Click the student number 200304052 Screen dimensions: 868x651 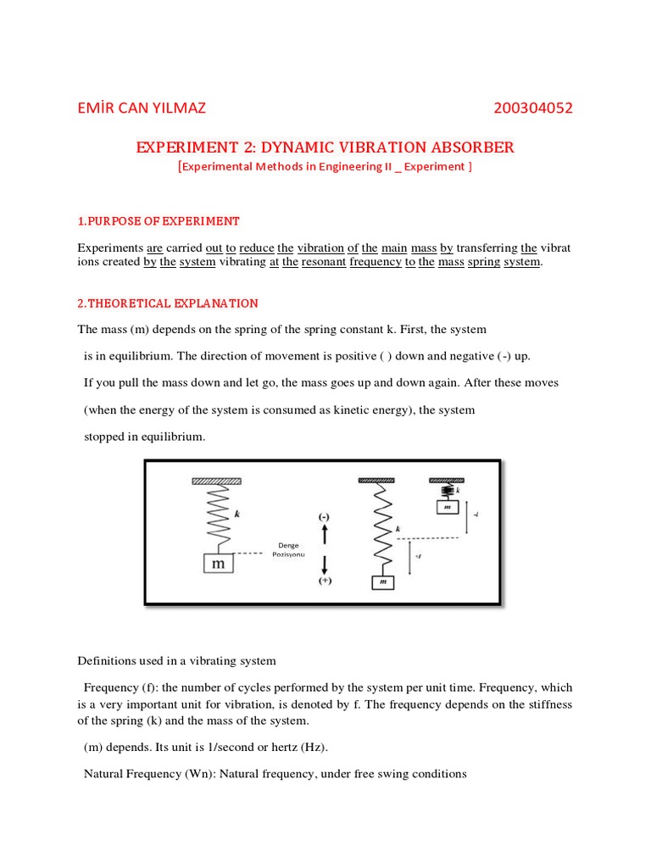(x=532, y=108)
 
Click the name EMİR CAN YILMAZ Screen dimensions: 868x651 (x=142, y=108)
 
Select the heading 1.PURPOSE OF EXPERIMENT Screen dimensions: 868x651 (x=159, y=221)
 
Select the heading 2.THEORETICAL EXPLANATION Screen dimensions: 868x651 (x=168, y=303)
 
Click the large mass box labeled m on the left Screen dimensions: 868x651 (x=217, y=563)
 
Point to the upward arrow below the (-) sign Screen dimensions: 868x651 (x=324, y=535)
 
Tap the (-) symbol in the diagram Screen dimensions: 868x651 (x=324, y=516)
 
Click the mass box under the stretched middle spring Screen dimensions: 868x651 (x=383, y=582)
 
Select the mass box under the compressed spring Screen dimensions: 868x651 (x=446, y=507)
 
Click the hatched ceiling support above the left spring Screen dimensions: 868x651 (x=218, y=481)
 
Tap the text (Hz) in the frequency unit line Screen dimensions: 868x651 (x=311, y=747)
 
